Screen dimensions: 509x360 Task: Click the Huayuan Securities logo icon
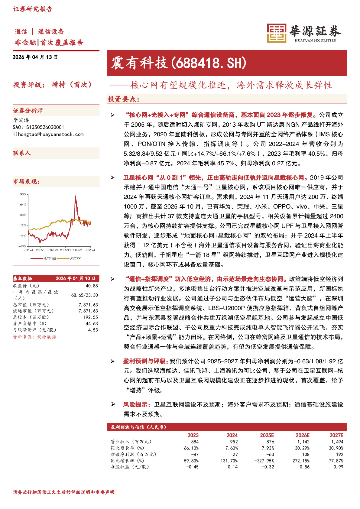coord(276,33)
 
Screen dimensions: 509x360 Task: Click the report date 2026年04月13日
coord(35,57)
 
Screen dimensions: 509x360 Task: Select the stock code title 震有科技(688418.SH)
coord(179,63)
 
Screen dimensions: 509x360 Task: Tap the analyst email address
coord(48,134)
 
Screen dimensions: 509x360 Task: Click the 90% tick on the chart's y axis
coord(23,194)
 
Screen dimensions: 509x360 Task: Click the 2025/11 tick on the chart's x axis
coord(65,250)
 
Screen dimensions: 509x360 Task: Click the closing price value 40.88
coord(92,286)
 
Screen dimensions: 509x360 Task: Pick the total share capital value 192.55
coord(91,317)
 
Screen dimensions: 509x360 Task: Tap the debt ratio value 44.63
coord(92,323)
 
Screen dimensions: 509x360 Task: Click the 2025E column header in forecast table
coord(267,435)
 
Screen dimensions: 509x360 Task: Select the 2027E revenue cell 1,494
coord(337,442)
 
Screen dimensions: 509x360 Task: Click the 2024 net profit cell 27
coord(235,454)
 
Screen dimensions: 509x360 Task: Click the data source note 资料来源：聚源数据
coord(34,337)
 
